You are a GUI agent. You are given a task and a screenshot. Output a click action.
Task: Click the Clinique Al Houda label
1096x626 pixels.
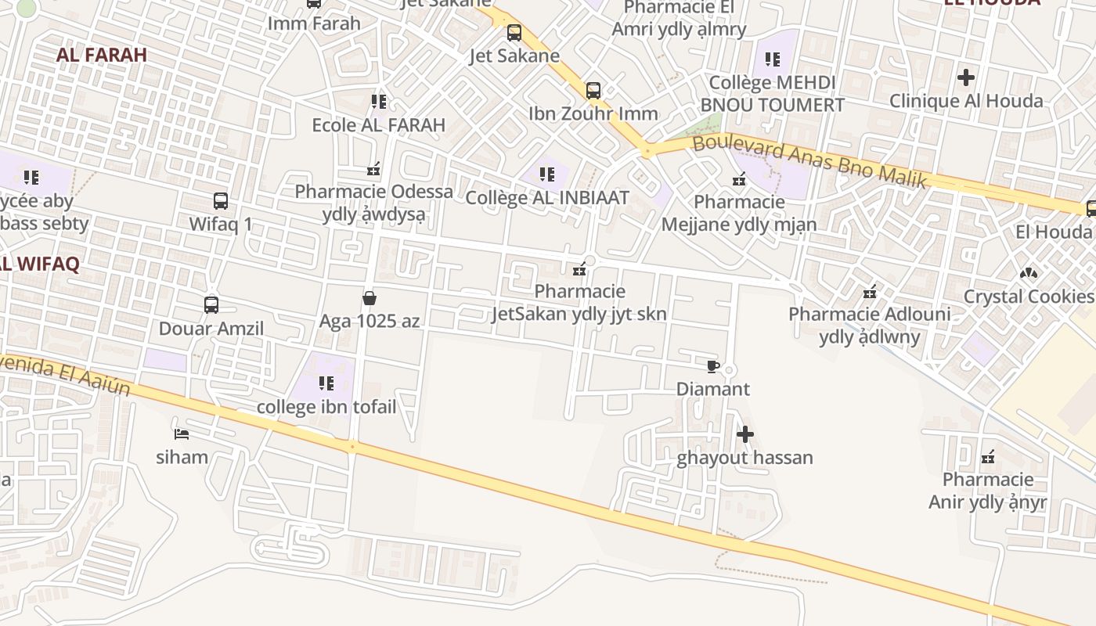[965, 100]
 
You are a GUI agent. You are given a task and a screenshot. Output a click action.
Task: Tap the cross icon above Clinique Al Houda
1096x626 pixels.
[966, 77]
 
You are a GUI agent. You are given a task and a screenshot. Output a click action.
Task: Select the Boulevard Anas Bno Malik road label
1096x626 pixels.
[809, 162]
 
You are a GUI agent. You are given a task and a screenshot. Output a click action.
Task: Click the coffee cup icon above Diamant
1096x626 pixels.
[712, 366]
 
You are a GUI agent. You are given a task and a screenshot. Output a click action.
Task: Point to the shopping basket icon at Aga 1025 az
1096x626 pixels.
[370, 298]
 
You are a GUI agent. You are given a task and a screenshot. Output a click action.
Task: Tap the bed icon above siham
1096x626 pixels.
[182, 434]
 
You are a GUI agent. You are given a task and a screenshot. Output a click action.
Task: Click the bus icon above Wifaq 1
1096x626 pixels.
[221, 201]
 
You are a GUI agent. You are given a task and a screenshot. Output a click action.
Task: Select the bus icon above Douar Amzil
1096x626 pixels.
[211, 305]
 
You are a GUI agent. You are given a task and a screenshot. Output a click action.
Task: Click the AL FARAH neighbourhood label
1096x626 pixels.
[102, 55]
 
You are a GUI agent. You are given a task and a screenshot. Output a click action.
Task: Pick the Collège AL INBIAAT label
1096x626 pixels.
[547, 197]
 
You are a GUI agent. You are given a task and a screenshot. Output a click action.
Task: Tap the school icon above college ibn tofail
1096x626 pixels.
[326, 383]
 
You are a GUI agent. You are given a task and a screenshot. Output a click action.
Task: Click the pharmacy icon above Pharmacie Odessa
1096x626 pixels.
[373, 169]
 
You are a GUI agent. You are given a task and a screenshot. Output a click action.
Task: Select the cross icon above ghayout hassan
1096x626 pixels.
[745, 434]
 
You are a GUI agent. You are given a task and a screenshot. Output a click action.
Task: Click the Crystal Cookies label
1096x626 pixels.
[1028, 297]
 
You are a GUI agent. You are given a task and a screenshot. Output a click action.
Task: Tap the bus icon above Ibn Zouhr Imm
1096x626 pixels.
[593, 91]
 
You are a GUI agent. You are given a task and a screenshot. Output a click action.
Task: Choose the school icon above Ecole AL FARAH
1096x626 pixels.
[379, 102]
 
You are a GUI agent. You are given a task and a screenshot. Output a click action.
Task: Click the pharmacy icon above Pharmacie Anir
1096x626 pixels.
[988, 456]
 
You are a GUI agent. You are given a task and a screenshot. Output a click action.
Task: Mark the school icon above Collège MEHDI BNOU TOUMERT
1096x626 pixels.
[773, 59]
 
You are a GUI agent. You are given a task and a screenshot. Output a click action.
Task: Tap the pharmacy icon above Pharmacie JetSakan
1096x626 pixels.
[579, 270]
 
